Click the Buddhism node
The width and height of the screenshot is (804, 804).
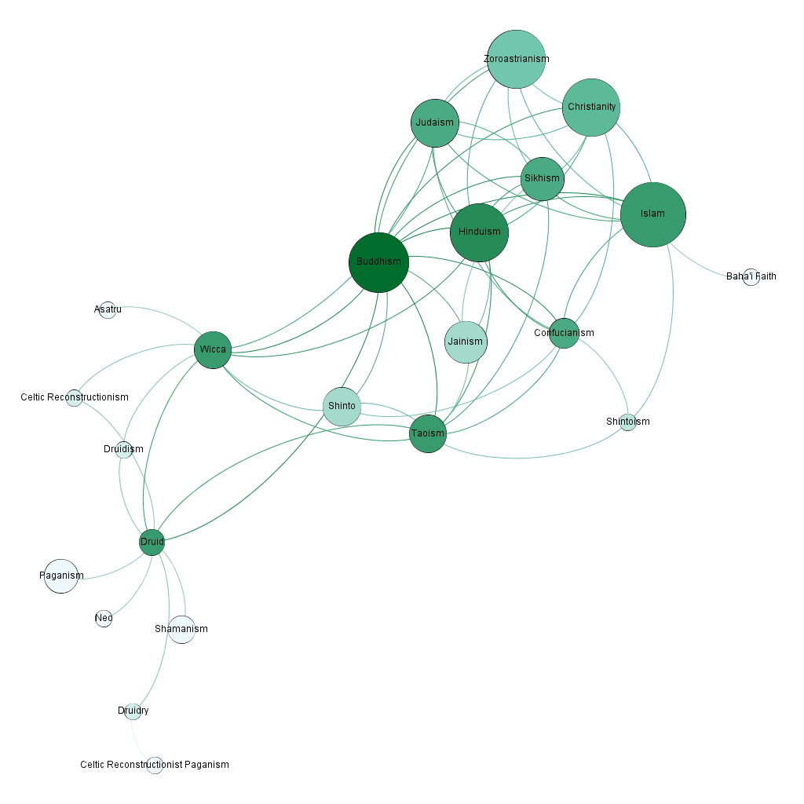[x=378, y=262]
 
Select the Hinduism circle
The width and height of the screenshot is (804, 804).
[x=479, y=232]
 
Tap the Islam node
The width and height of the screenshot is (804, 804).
[x=652, y=214]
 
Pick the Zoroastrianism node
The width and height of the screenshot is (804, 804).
[x=516, y=59]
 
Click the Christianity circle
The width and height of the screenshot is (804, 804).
[x=591, y=107]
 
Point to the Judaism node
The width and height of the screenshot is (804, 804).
[x=434, y=122]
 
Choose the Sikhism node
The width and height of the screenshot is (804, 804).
[x=542, y=178]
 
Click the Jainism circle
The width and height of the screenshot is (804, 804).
[x=466, y=342]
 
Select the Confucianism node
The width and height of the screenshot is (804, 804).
[x=564, y=333]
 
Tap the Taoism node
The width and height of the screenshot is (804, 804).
[x=427, y=433]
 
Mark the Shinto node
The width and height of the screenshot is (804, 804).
[x=342, y=407]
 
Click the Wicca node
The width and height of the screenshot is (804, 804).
[x=213, y=349]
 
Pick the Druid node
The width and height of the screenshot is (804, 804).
[x=152, y=542]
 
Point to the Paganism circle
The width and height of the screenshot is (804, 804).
[x=61, y=576]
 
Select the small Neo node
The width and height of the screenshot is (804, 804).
[x=104, y=618]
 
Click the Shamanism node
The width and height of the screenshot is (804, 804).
[x=181, y=630]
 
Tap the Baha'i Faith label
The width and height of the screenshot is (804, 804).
[x=751, y=276]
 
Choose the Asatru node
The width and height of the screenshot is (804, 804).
[x=108, y=310]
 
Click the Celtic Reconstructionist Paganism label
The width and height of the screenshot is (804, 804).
[x=155, y=765]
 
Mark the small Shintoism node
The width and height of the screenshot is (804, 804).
[x=627, y=422]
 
